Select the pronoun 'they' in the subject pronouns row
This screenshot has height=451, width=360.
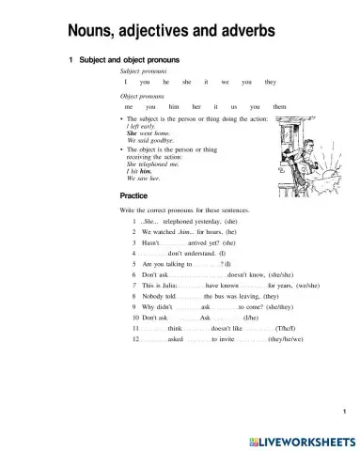271,82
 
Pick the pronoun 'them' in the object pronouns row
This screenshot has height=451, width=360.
280,107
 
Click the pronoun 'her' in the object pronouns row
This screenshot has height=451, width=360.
196,107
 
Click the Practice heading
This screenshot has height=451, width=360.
134,195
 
